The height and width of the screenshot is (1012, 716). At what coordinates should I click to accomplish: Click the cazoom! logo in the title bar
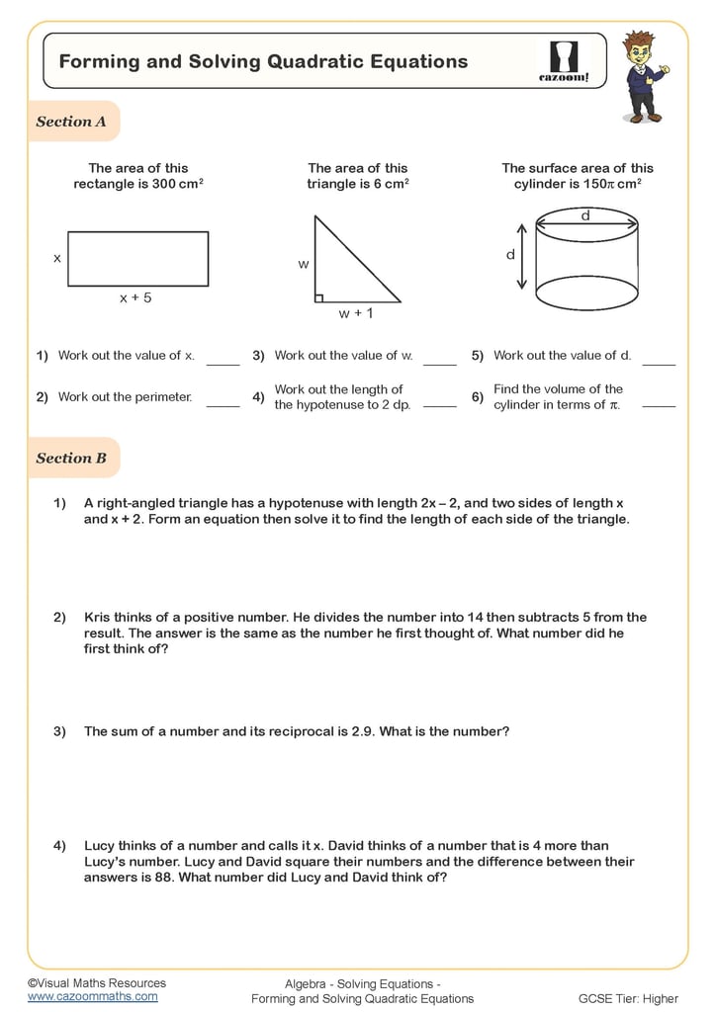click(x=563, y=61)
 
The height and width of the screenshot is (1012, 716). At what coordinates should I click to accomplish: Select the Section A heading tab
click(x=72, y=122)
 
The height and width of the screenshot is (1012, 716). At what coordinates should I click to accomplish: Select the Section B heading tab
click(x=72, y=458)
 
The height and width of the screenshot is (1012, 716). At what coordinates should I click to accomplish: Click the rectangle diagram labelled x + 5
click(x=137, y=259)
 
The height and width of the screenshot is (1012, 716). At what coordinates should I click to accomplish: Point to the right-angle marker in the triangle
click(x=319, y=296)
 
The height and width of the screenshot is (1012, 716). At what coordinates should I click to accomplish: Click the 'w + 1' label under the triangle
click(x=356, y=313)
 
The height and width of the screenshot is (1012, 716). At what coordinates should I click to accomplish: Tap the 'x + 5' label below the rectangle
click(x=135, y=296)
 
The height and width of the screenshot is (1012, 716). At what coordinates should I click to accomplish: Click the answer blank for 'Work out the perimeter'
click(x=223, y=404)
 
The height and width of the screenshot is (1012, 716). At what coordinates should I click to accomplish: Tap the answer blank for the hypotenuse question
click(x=439, y=404)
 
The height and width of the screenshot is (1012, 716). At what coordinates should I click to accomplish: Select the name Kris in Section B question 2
click(x=98, y=617)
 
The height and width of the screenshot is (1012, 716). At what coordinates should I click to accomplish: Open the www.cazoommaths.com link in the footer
click(x=92, y=996)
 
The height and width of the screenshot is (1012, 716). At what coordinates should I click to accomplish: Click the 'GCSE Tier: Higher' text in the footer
click(x=628, y=998)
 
